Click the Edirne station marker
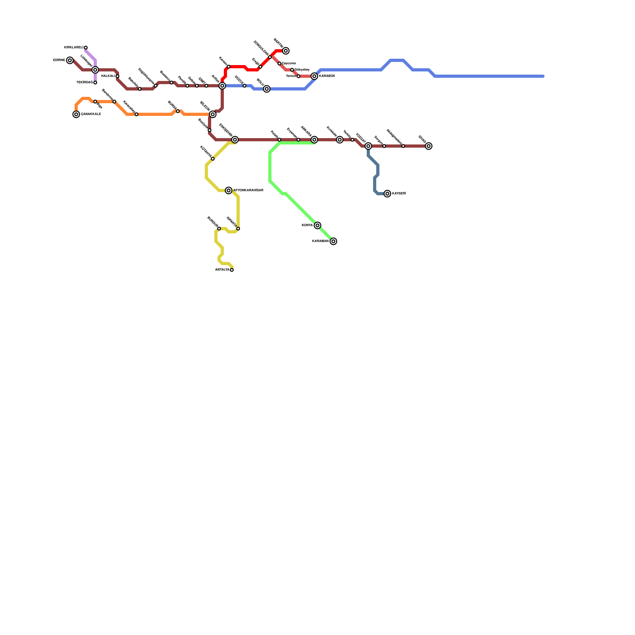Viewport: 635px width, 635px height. [70, 60]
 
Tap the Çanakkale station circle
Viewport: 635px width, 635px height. [76, 114]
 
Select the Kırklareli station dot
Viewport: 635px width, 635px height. [86, 48]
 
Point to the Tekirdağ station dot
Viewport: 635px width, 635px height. [95, 83]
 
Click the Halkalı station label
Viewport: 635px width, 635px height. [108, 76]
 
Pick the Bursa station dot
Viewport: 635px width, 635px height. [178, 111]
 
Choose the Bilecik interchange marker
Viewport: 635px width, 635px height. [213, 114]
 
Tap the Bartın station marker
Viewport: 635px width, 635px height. [286, 51]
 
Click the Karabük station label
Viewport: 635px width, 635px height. [327, 76]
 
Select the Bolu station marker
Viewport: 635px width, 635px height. [267, 89]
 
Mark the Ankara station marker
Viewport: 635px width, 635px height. [314, 140]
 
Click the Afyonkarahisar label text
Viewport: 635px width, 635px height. [248, 190]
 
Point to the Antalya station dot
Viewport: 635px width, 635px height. [232, 270]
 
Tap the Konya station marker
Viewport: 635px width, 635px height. [317, 225]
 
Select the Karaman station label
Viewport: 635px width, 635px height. [320, 241]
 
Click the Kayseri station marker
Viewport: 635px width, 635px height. [387, 194]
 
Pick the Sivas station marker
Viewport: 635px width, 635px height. [429, 146]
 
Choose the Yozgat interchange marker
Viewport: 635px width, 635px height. [368, 146]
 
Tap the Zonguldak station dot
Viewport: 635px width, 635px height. [270, 57]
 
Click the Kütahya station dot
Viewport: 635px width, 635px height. [213, 159]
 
